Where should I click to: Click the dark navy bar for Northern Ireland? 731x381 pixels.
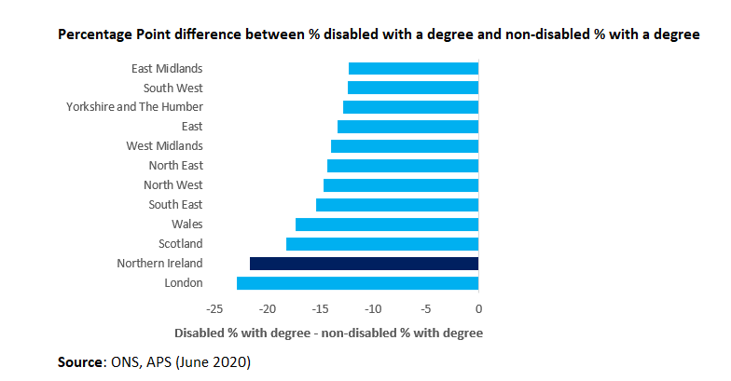[364, 264]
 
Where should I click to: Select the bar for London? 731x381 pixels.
[357, 283]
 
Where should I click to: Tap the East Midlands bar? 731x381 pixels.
[413, 68]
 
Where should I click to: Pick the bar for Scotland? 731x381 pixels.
[382, 244]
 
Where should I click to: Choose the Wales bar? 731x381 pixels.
[387, 225]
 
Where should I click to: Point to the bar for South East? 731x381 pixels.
[397, 205]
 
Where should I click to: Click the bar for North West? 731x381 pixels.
[401, 185]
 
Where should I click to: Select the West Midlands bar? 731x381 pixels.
[405, 146]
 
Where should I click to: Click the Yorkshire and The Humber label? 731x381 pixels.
[134, 107]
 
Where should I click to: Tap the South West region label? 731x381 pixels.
[172, 88]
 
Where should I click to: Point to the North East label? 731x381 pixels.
[175, 166]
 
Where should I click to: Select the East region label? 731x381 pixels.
[191, 127]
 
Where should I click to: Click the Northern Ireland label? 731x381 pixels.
[159, 264]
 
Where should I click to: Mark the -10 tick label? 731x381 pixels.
[372, 309]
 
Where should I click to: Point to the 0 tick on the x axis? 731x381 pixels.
[478, 309]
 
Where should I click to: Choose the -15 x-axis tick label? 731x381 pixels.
[320, 309]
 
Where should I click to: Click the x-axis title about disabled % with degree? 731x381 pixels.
[328, 333]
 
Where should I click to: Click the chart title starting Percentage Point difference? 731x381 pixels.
[379, 34]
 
